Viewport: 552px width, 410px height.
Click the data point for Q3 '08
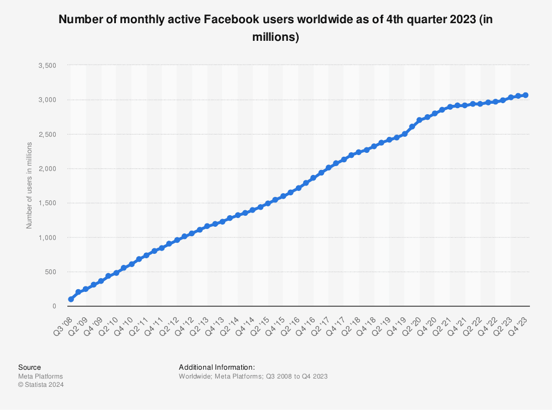coord(71,299)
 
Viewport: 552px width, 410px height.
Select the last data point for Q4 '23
coord(526,95)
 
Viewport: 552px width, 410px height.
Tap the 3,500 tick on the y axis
coord(48,66)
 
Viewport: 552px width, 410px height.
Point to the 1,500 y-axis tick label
coord(48,203)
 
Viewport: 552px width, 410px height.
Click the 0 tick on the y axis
coord(54,306)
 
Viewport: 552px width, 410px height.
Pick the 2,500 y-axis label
coord(48,135)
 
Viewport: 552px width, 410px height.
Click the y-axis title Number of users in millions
coord(29,185)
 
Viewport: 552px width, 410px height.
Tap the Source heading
coord(29,367)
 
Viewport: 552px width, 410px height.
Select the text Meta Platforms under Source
coord(40,376)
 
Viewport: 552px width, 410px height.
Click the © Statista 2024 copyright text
coord(41,385)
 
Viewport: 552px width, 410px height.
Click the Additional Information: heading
coord(217,367)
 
